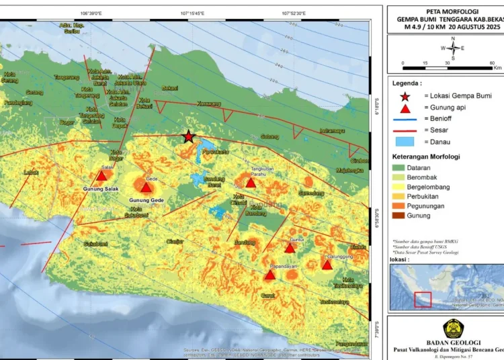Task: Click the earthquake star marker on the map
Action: (189, 136)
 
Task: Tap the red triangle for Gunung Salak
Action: (101, 176)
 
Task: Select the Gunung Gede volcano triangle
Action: (146, 187)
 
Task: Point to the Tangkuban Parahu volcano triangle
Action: (251, 183)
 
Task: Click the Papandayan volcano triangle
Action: (269, 275)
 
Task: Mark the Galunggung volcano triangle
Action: (327, 265)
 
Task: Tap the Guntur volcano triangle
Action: (290, 248)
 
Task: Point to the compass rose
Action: (452, 48)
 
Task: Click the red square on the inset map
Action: (422, 299)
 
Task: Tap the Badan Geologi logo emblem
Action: (451, 328)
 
